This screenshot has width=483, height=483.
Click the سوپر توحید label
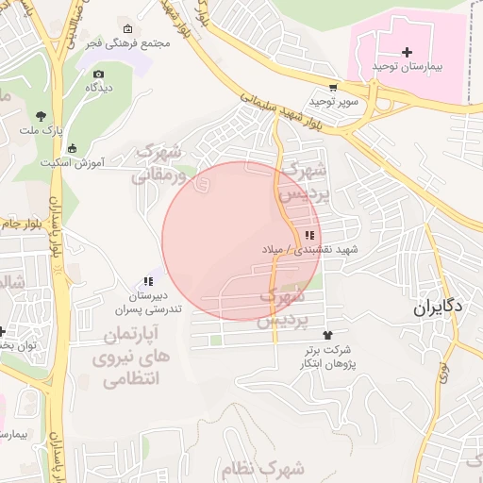point(332,100)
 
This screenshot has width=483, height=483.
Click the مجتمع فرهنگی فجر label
point(138,42)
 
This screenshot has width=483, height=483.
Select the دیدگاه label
point(100,88)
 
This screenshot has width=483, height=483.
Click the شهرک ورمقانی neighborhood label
point(158,162)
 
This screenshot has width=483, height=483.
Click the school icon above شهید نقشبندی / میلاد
point(308,235)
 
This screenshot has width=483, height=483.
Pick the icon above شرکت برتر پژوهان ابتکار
point(327,335)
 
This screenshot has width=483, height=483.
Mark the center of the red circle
point(241,241)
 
